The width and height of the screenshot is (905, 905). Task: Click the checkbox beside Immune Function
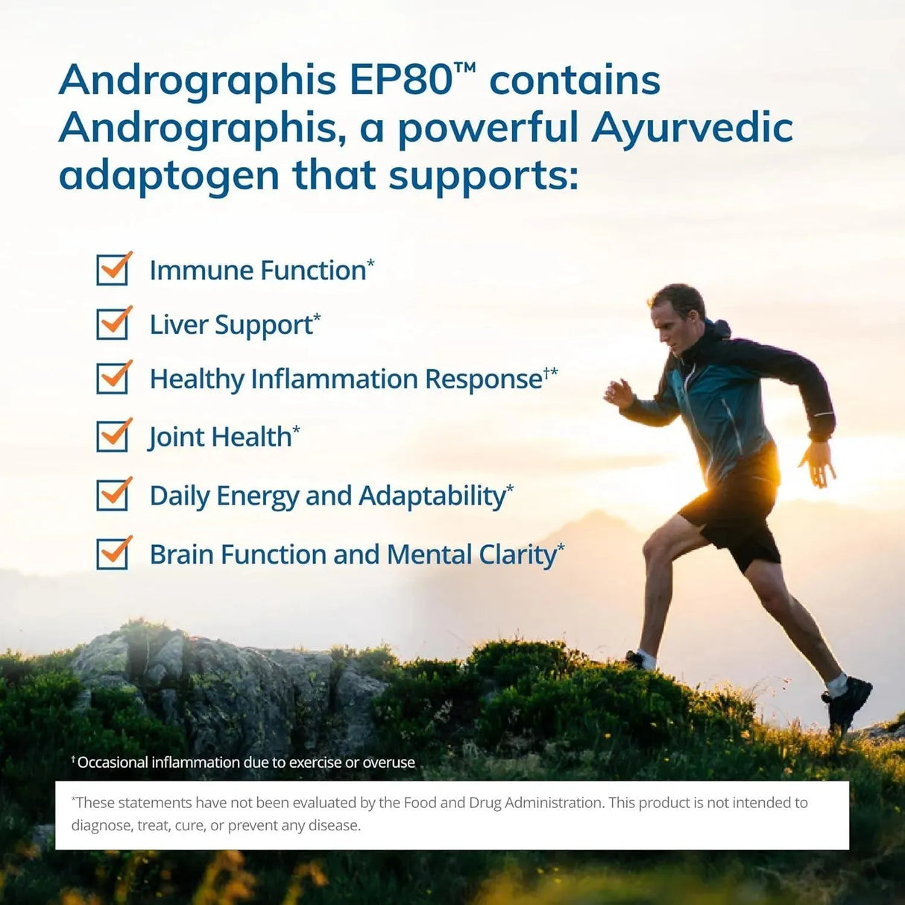pos(113,270)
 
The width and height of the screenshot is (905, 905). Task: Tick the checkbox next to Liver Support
pos(113,324)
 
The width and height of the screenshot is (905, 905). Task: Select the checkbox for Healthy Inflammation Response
pos(113,379)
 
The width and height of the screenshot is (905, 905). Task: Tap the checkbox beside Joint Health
pos(113,437)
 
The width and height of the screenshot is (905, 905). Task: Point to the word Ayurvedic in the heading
pos(692,127)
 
